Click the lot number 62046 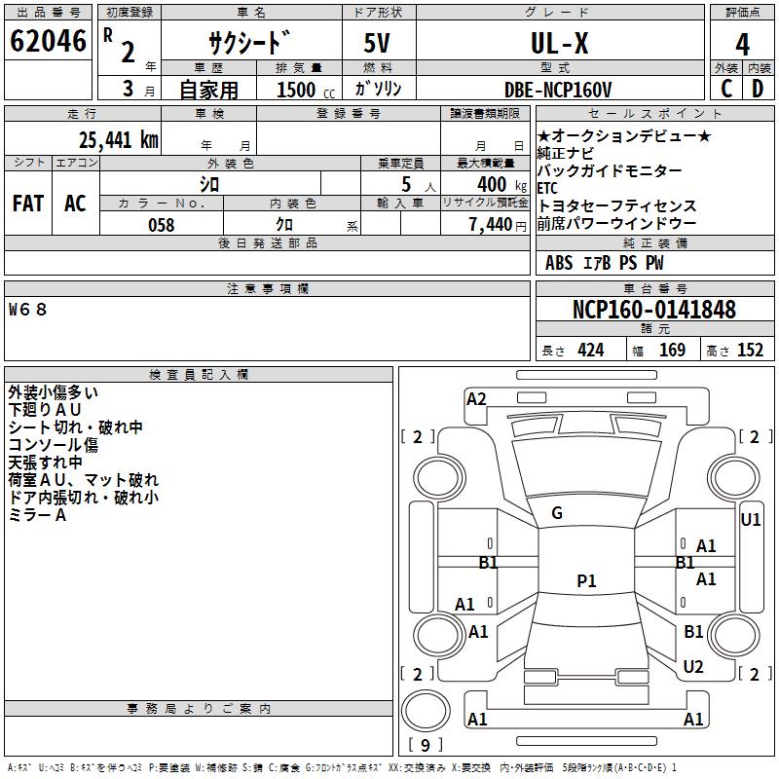(x=48, y=42)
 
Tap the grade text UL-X (x=559, y=43)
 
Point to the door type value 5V (x=379, y=44)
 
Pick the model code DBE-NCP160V (x=558, y=89)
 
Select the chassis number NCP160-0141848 (x=654, y=310)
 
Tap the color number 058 (x=161, y=224)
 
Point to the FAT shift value (x=27, y=203)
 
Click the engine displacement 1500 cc (x=302, y=90)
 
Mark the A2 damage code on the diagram (x=476, y=398)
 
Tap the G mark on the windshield (x=557, y=513)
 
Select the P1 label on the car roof (x=586, y=581)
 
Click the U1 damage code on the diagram (x=750, y=519)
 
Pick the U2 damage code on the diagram (x=693, y=666)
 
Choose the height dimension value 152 (x=749, y=351)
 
